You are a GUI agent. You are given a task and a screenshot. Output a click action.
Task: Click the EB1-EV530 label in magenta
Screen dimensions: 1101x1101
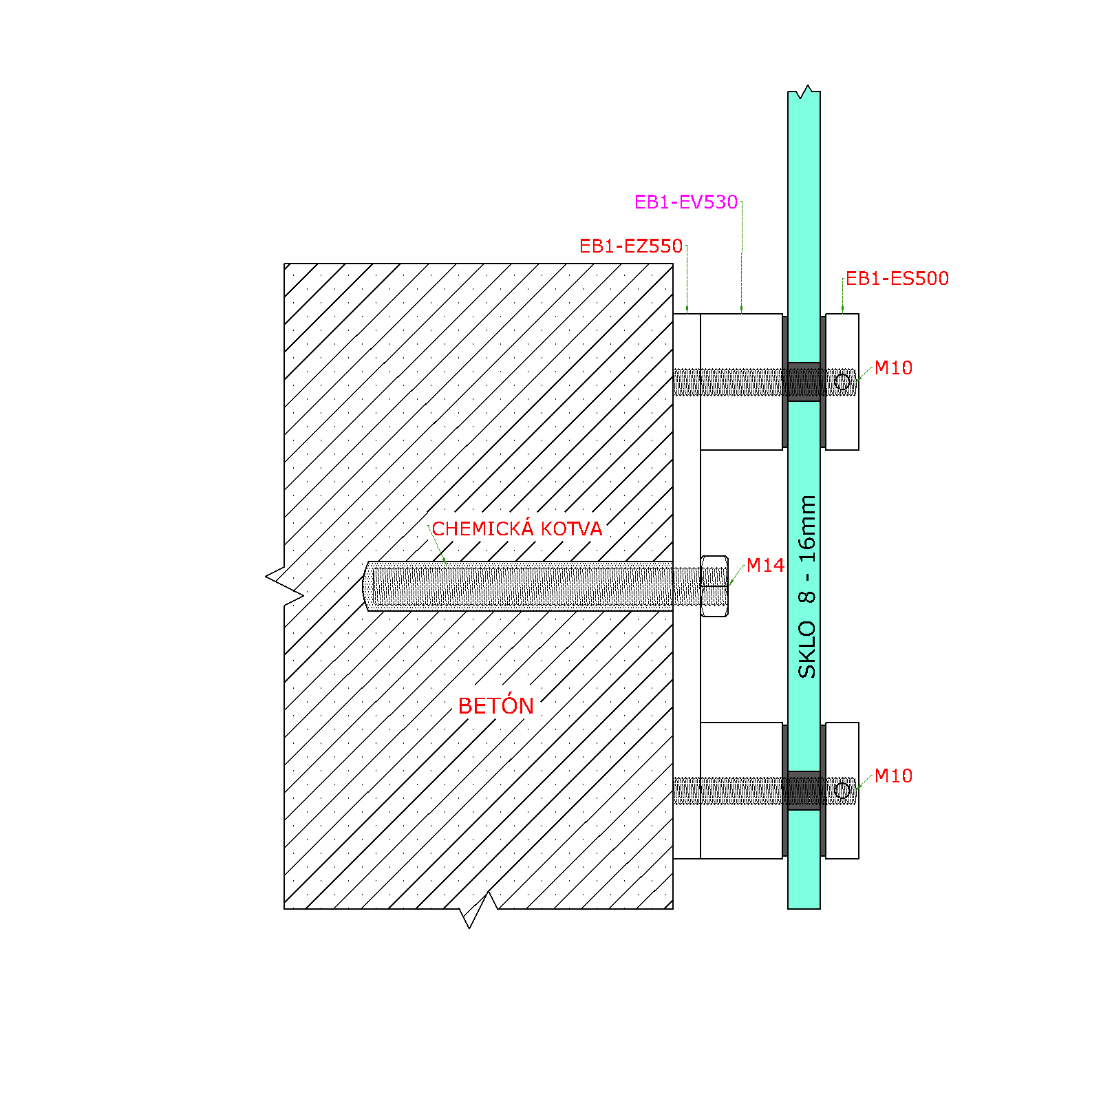686,202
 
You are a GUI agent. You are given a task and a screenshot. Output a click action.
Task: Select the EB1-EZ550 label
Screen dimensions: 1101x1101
631,246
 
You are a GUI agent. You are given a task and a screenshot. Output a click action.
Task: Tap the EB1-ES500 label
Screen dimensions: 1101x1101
897,279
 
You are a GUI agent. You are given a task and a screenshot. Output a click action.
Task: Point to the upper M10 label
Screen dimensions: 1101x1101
893,368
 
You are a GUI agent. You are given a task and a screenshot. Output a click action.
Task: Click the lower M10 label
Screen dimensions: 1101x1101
893,776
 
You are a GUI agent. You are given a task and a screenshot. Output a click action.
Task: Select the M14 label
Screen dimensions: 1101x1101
765,566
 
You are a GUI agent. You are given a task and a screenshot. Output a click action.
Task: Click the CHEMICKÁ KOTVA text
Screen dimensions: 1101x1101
517,528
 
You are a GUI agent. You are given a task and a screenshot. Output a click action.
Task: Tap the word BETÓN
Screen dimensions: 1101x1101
496,706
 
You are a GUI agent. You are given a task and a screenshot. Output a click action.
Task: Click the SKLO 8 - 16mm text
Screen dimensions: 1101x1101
807,586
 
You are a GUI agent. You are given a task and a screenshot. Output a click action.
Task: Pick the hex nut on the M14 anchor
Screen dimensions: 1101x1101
714,586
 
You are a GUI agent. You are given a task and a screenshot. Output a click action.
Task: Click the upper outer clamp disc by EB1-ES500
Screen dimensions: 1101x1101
842,382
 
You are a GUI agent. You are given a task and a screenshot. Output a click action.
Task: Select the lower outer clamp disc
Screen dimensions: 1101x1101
842,791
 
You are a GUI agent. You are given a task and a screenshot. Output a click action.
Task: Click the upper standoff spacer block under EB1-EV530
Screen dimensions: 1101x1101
741,382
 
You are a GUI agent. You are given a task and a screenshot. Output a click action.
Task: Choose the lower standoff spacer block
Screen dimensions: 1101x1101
741,791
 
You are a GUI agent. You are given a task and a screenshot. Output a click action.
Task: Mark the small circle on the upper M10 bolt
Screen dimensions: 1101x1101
842,382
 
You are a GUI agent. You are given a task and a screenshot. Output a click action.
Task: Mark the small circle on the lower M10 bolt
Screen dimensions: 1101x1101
842,791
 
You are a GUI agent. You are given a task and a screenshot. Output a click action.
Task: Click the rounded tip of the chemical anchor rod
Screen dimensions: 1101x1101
367,586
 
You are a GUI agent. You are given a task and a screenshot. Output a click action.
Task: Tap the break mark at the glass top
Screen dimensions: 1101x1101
804,92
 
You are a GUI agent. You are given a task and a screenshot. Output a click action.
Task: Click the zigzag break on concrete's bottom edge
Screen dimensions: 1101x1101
479,910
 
